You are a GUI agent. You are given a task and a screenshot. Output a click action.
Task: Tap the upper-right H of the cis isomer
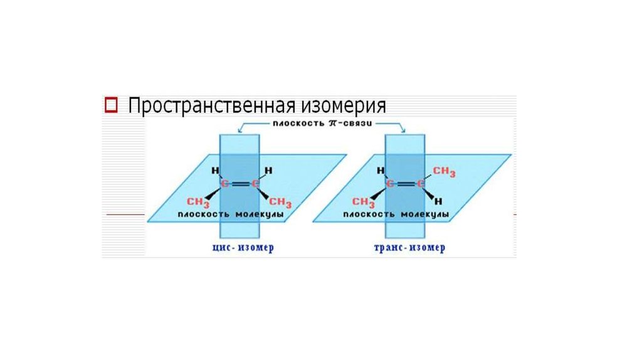tap(268, 171)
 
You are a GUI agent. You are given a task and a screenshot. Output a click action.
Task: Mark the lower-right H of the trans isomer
tap(439, 201)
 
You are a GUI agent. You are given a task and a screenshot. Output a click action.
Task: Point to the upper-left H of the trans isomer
tap(381, 171)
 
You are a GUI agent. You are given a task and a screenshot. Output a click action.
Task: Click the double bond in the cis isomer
tap(241, 184)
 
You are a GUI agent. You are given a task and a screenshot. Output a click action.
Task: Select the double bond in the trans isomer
tap(406, 184)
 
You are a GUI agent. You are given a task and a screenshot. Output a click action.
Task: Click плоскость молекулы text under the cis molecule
tap(230, 215)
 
